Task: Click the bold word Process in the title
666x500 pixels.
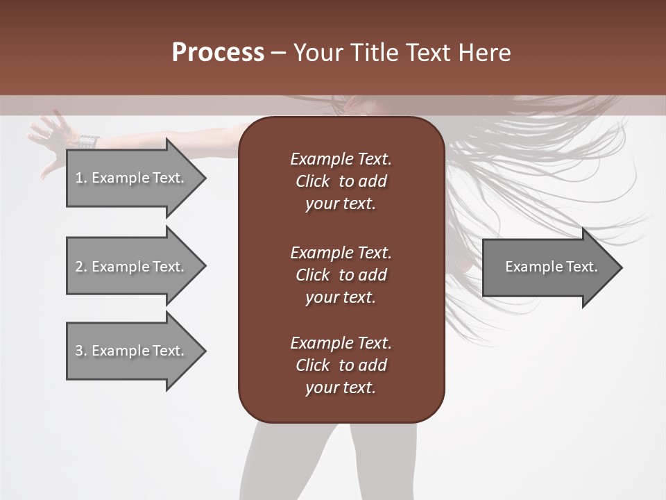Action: click(218, 53)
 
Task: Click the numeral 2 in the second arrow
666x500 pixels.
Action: click(79, 267)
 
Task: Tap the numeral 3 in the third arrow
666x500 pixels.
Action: click(79, 351)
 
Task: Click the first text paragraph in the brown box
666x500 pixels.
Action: click(341, 181)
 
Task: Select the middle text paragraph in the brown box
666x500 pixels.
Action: click(341, 275)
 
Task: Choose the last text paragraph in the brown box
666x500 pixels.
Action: click(341, 365)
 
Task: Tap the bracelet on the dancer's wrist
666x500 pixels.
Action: click(88, 142)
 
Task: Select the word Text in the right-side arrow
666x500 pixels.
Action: click(581, 267)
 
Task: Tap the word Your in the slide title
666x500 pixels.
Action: click(316, 53)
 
